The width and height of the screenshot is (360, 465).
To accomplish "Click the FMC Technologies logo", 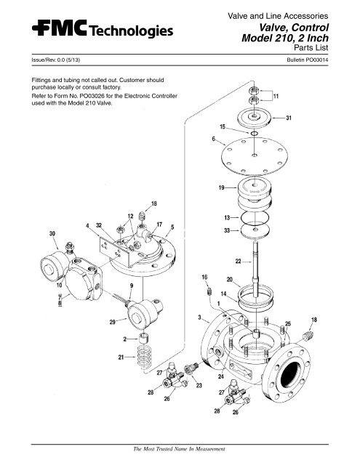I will tap(94, 30).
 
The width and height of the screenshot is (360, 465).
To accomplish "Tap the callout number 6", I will tap(212, 139).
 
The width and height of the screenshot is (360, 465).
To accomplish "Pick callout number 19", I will tap(219, 188).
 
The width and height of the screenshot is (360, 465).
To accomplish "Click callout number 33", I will tap(227, 230).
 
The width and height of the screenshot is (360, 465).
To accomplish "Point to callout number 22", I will tap(239, 262).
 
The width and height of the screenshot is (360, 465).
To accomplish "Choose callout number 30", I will tap(32, 233).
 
